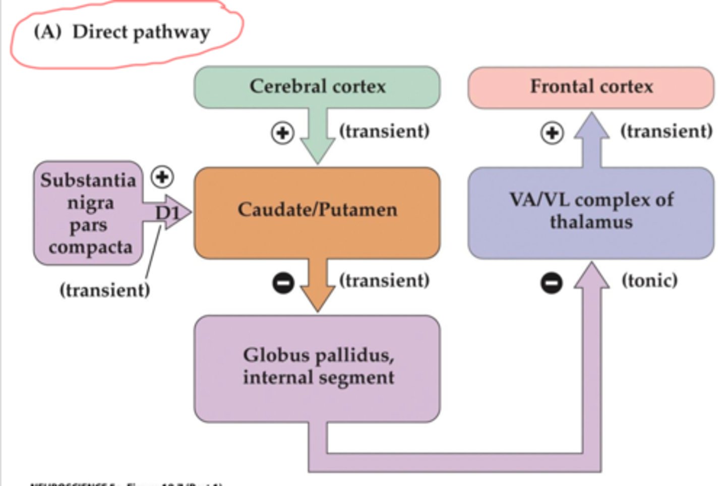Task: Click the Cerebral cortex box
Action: tap(317, 87)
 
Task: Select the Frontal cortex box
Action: tap(591, 87)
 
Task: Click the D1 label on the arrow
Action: tap(167, 213)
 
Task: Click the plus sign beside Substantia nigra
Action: tap(162, 177)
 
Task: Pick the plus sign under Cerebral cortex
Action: tap(282, 133)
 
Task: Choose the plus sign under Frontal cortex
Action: tap(552, 133)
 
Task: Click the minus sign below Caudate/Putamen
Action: tap(283, 283)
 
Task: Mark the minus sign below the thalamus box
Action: tap(552, 283)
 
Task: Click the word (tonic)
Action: tap(649, 281)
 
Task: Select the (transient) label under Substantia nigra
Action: tap(105, 290)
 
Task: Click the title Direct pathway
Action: tap(141, 32)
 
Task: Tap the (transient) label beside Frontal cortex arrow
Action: tap(666, 131)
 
